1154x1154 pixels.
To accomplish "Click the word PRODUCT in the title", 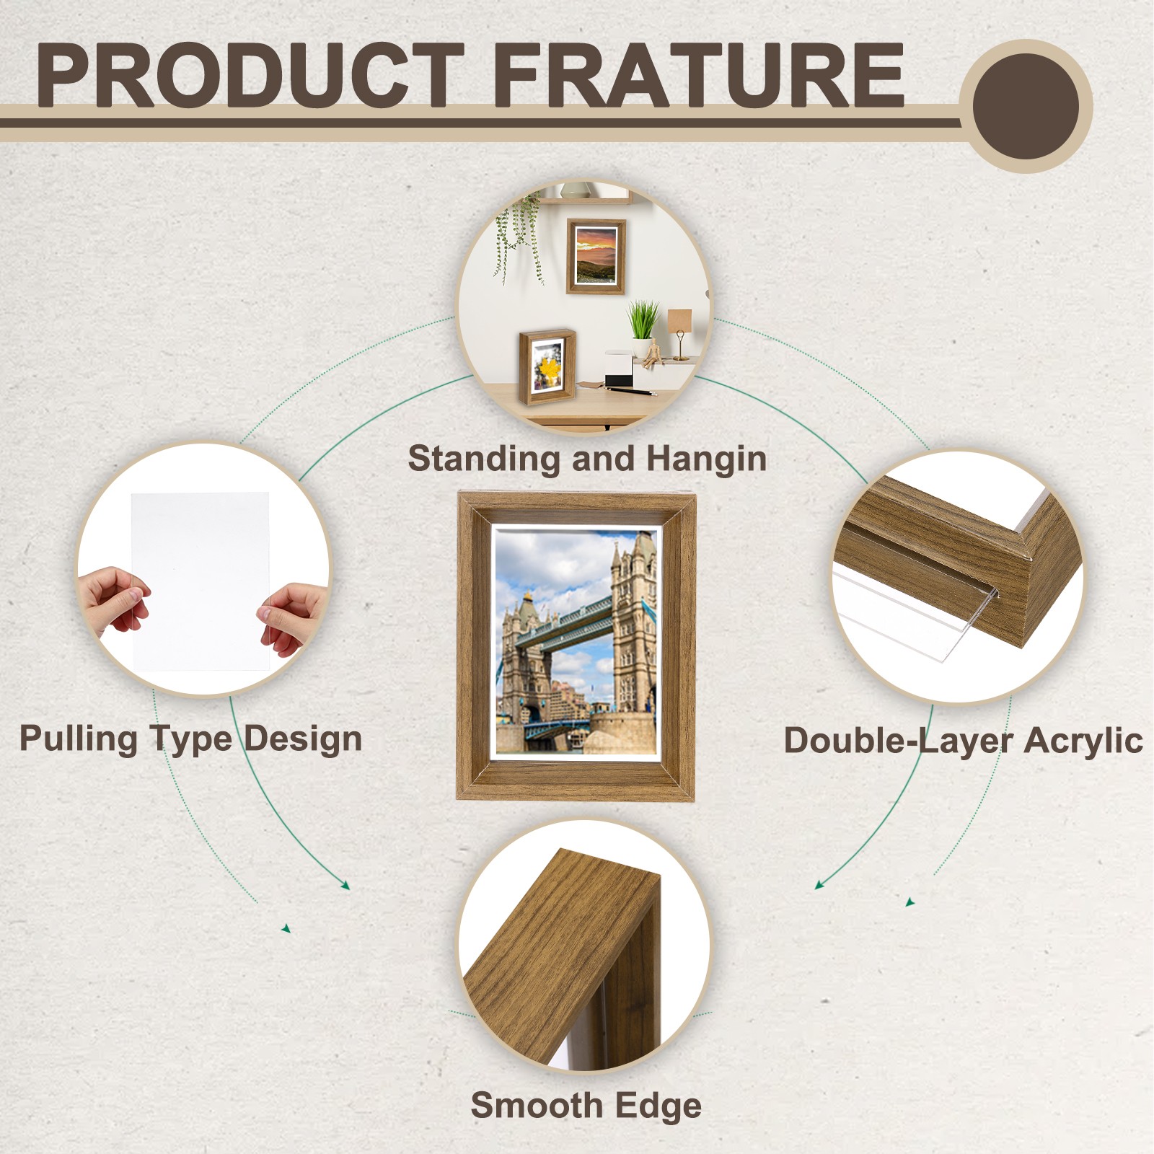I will [x=249, y=75].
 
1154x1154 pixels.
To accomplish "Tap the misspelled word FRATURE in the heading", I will [x=698, y=75].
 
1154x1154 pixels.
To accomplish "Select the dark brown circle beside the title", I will [x=1025, y=106].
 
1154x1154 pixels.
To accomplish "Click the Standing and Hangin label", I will [x=586, y=459].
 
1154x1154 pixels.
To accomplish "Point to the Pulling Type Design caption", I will [x=190, y=739].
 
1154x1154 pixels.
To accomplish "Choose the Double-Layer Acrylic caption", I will [x=963, y=741].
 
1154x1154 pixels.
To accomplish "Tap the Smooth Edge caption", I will [x=586, y=1105].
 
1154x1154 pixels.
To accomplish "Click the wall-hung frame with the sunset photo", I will [x=596, y=256].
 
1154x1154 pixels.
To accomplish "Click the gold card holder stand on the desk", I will [x=679, y=331].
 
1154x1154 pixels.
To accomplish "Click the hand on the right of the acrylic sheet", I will [x=292, y=617].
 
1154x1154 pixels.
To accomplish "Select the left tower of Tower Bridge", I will [x=524, y=656].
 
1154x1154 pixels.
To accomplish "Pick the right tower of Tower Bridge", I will [x=633, y=620].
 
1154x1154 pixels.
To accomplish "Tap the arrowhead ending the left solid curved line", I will [x=345, y=885].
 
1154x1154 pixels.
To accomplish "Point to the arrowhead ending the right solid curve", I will [x=820, y=884].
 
